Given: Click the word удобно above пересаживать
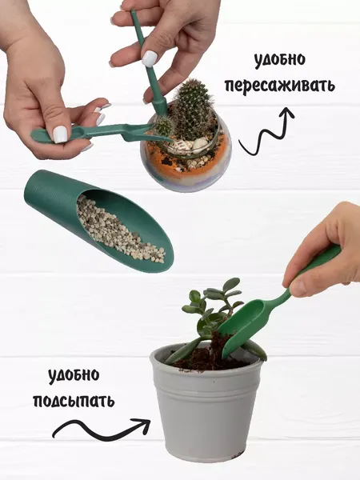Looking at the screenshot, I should (281, 60).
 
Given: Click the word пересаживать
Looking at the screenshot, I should (279, 85).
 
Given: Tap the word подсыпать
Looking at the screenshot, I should (80, 400).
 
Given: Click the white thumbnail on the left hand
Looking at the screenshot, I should (61, 134).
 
